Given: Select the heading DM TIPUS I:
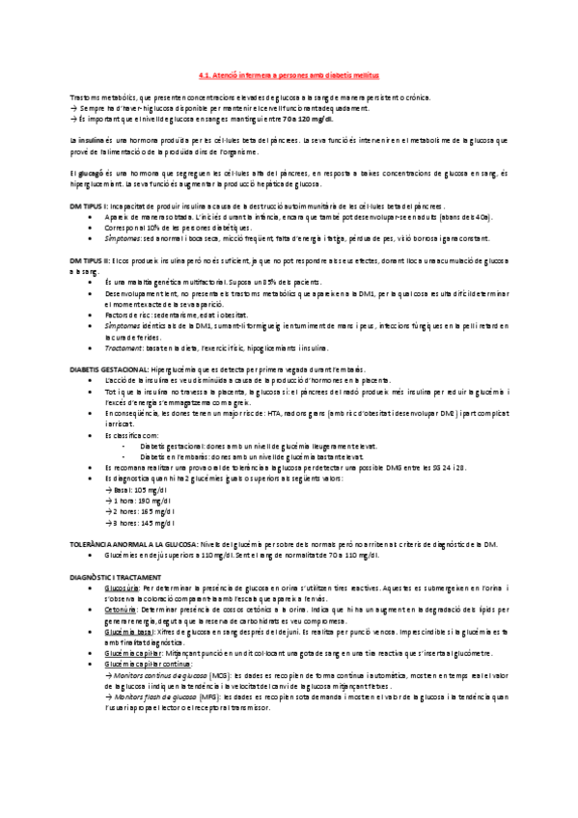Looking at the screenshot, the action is pyautogui.click(x=90, y=206).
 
